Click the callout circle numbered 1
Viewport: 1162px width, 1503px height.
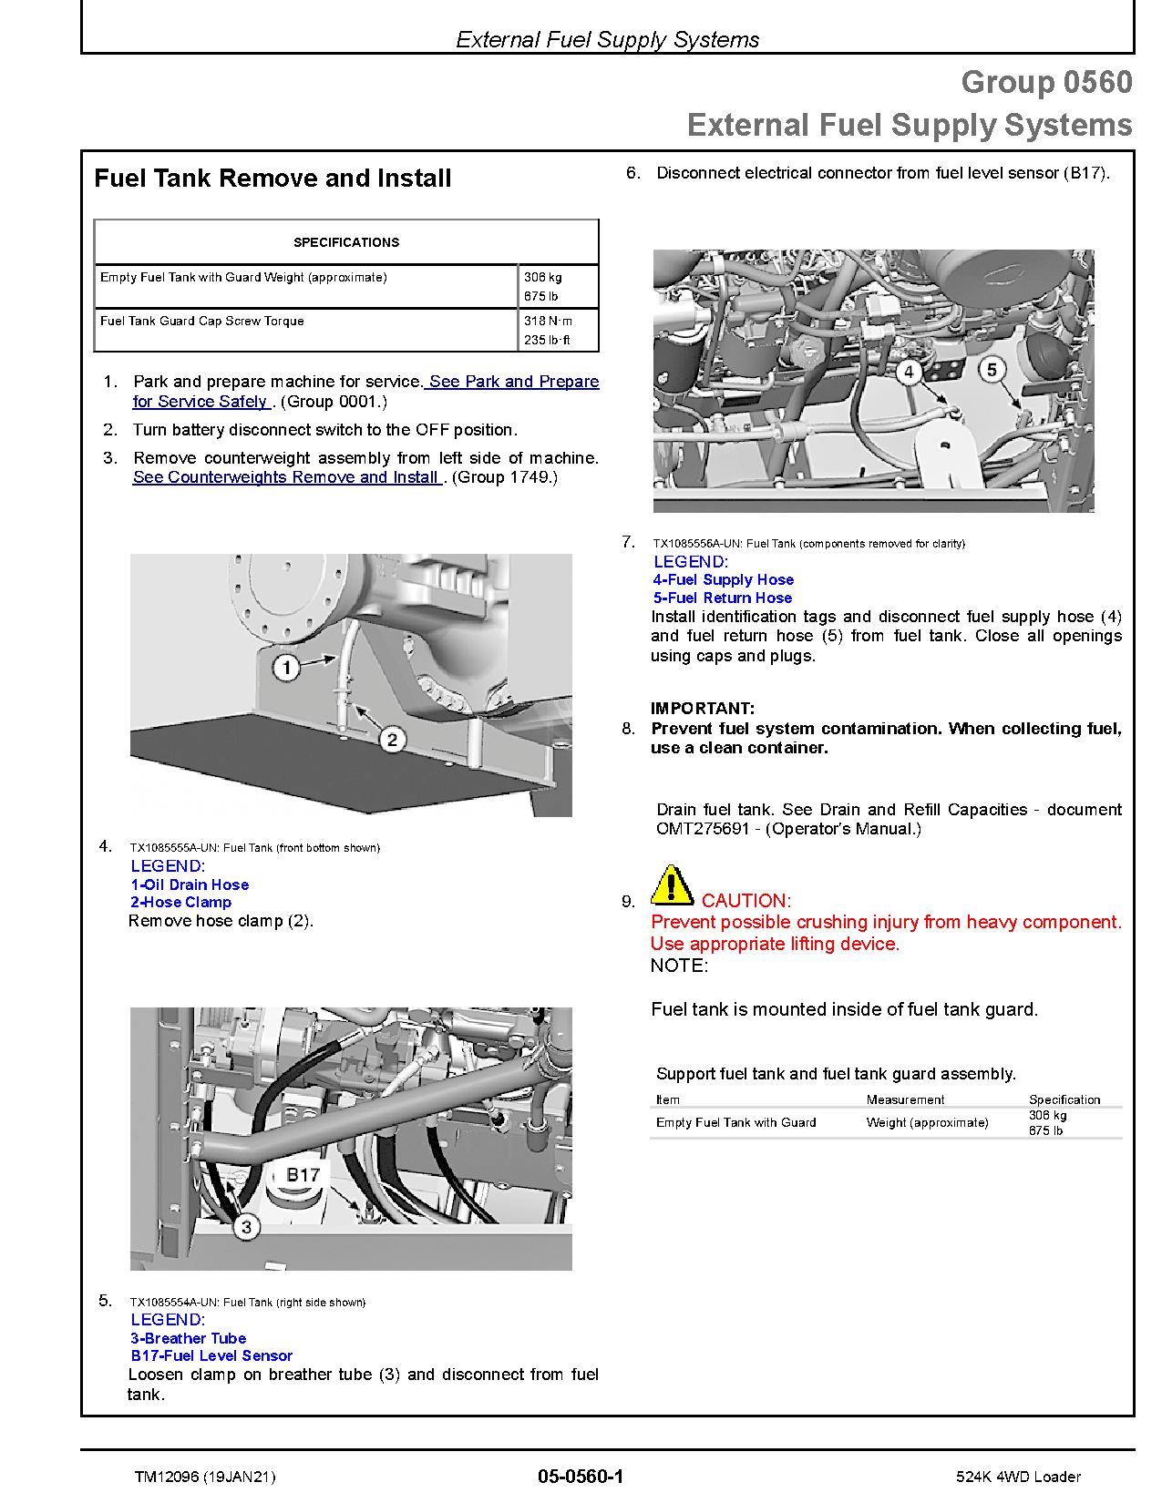point(287,669)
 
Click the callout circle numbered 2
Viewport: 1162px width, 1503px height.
point(392,739)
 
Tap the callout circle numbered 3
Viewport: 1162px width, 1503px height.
point(246,1227)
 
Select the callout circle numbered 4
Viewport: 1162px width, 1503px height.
point(908,371)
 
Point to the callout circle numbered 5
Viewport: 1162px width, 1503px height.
point(992,369)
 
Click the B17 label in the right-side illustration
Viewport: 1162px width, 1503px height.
point(303,1175)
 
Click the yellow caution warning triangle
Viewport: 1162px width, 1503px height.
point(672,884)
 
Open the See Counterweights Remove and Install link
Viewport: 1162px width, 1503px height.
point(286,477)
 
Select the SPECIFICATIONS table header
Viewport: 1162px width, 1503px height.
point(346,242)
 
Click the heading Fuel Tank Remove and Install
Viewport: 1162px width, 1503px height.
point(273,178)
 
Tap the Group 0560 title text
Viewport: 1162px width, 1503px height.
point(1046,82)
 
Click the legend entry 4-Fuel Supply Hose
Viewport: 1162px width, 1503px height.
point(723,579)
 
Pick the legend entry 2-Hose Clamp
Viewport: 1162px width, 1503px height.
point(180,902)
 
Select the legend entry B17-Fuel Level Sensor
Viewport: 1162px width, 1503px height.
point(211,1355)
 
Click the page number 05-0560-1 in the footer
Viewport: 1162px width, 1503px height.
point(581,1477)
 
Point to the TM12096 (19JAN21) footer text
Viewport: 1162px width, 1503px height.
point(204,1477)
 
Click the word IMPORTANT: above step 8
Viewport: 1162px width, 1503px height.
point(702,709)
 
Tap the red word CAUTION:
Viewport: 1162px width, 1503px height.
point(746,901)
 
